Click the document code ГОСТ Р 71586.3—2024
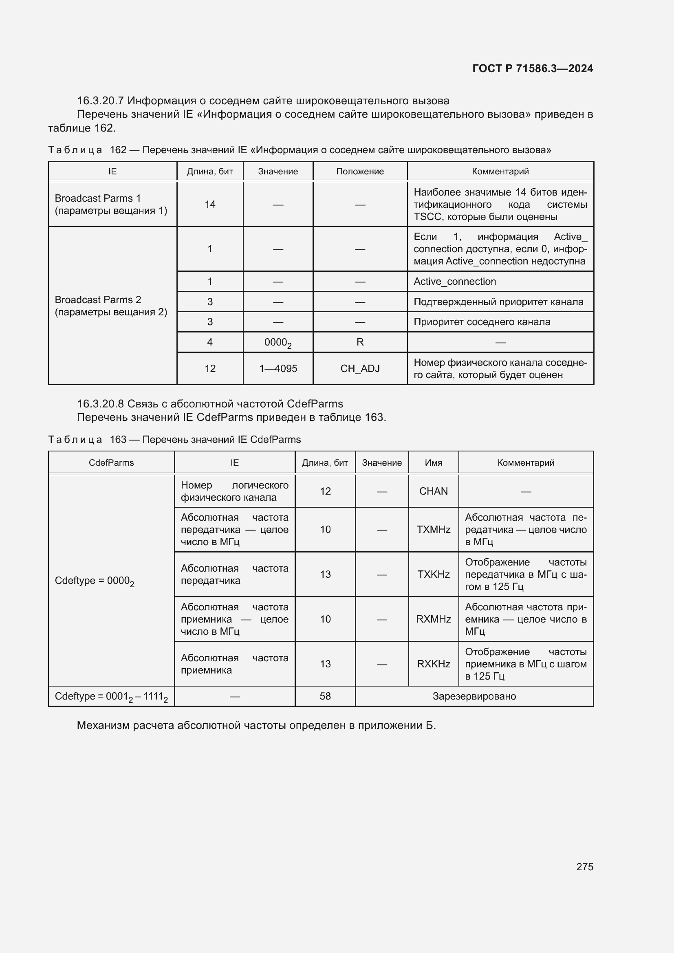(533, 68)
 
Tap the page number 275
(584, 866)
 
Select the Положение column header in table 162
(360, 172)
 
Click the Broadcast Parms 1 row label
(111, 204)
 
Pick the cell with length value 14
(210, 204)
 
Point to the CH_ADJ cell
(360, 369)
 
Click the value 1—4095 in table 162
(278, 369)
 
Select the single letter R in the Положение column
(360, 342)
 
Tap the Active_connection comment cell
(454, 282)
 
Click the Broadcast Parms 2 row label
(111, 306)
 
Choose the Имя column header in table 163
(433, 462)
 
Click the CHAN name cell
(433, 491)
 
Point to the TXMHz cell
(433, 529)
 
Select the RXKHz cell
(433, 664)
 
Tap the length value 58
(325, 696)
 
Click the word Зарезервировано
(474, 696)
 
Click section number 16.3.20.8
(100, 404)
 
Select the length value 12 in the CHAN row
(325, 491)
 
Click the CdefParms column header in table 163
(111, 462)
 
